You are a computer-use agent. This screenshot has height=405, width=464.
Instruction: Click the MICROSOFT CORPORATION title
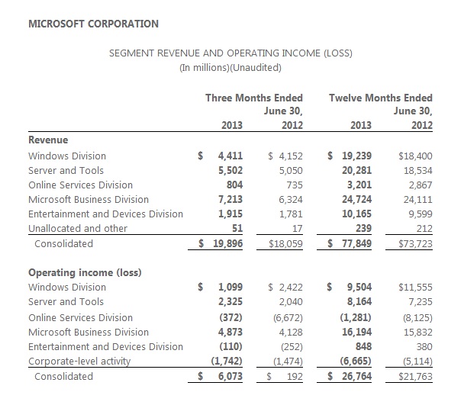pos(93,24)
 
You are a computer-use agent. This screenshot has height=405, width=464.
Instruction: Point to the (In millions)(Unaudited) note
pos(230,67)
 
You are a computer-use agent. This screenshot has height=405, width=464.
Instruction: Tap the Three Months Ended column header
pos(254,98)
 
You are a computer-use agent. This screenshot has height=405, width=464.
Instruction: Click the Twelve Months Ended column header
pos(381,98)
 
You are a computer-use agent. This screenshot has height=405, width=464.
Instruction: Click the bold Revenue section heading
pos(48,140)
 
